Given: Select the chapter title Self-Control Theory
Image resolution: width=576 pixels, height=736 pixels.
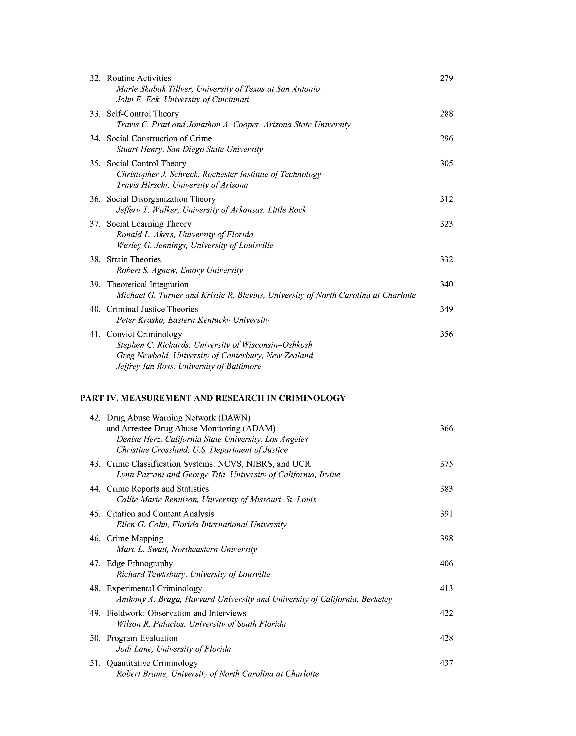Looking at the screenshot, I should (143, 114).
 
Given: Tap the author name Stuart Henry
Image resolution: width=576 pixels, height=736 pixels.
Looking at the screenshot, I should (138, 149).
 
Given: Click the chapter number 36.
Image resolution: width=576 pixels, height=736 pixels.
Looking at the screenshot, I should (95, 199).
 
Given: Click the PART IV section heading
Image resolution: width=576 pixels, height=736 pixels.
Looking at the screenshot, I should (213, 398).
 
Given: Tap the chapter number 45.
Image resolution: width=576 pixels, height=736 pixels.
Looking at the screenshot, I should (95, 514).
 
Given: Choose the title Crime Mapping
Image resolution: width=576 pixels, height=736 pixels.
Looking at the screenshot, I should (135, 539).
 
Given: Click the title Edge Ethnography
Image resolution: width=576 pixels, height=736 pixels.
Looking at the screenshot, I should (140, 563).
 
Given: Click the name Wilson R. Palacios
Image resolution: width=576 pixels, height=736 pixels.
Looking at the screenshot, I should (151, 624).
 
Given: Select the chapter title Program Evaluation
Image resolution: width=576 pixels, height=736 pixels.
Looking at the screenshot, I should (142, 638).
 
